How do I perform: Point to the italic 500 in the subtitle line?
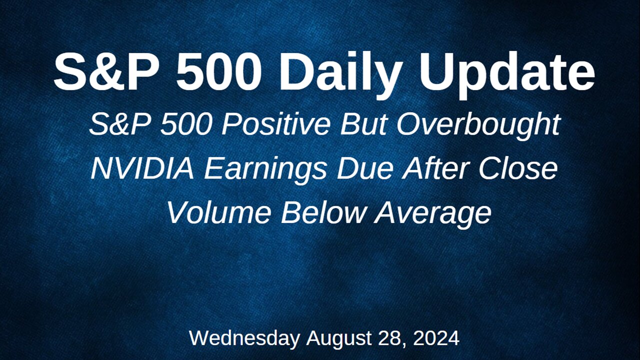click(x=185, y=125)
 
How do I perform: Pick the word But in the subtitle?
click(x=364, y=125)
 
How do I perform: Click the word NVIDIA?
click(x=142, y=169)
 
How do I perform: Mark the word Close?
click(x=518, y=169)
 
